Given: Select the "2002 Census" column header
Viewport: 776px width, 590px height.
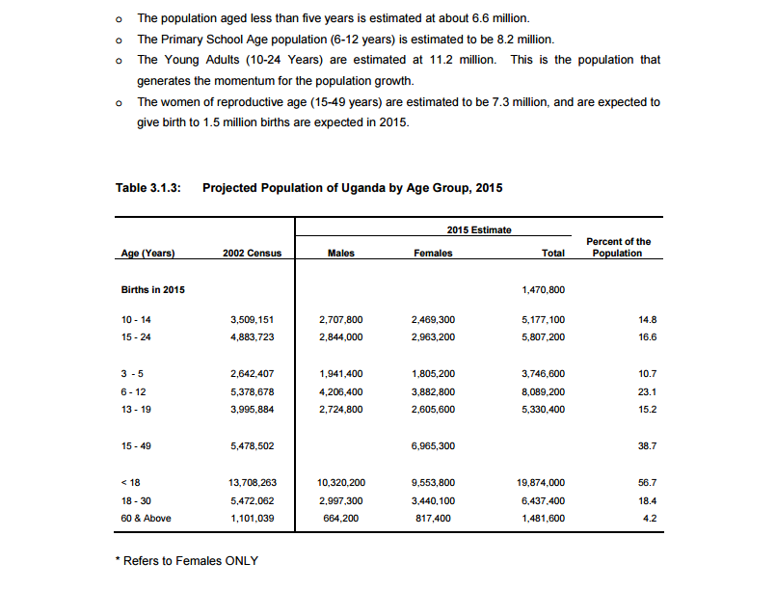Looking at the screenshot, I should (x=252, y=254).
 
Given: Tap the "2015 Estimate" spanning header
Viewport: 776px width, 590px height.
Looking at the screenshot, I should (x=479, y=230).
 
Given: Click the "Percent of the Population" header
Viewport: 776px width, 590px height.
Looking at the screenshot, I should (x=618, y=248).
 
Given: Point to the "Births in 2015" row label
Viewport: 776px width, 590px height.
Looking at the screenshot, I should (x=153, y=289).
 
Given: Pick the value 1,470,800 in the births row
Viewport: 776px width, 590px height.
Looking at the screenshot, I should (x=543, y=289).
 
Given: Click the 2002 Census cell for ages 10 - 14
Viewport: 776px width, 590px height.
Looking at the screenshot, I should (x=253, y=319).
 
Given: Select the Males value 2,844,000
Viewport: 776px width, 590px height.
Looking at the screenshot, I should (x=340, y=337).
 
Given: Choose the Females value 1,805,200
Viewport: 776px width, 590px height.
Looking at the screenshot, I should (x=433, y=373).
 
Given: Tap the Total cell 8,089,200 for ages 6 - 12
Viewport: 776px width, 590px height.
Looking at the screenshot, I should (x=543, y=391).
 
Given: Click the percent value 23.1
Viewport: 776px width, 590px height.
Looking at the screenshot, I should (x=648, y=391).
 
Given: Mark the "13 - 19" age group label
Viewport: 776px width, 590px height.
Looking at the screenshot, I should (x=136, y=410).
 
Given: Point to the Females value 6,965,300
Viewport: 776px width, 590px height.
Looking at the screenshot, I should (x=433, y=446).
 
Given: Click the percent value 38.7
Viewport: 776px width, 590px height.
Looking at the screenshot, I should (x=648, y=446).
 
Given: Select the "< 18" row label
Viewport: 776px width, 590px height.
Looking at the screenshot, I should (x=131, y=482).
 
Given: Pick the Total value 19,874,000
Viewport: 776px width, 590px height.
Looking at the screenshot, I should (x=541, y=482).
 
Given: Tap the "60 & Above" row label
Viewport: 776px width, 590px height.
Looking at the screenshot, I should (x=146, y=519).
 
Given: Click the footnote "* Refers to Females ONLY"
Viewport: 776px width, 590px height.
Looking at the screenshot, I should (x=186, y=561).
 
